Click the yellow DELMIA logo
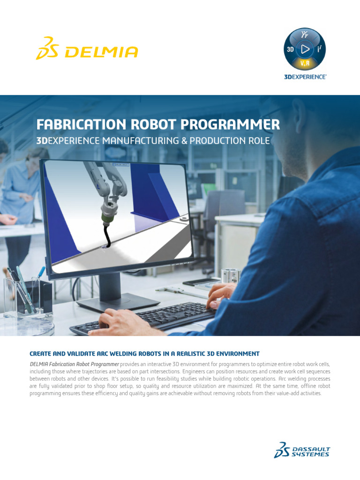click(x=87, y=48)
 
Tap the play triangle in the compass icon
click(x=305, y=49)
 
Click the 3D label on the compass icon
click(x=290, y=49)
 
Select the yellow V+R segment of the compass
click(x=305, y=63)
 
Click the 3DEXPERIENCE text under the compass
click(x=305, y=77)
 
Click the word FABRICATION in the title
click(x=81, y=125)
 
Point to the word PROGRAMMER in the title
click(x=230, y=125)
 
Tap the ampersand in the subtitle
click(x=184, y=141)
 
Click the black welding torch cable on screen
click(x=106, y=236)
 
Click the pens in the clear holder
click(x=22, y=288)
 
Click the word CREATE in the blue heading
click(x=40, y=354)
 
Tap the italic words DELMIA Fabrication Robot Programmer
click(x=75, y=364)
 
